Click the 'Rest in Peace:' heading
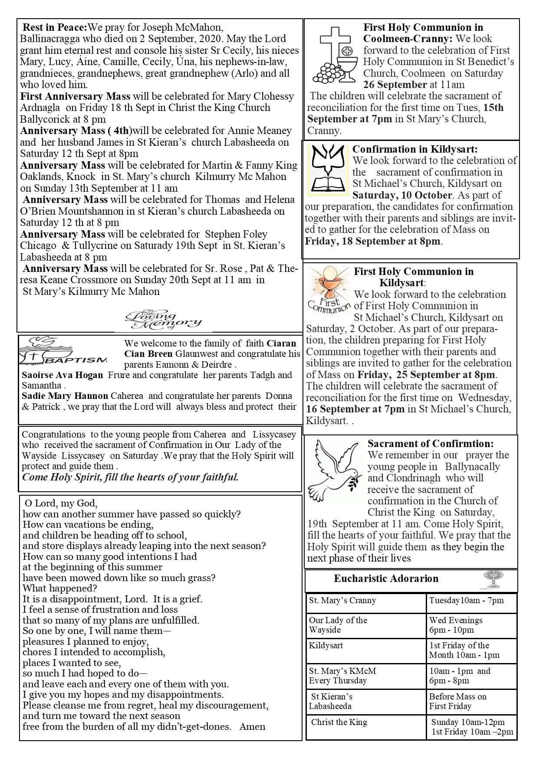click(55, 27)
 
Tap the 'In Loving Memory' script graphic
click(163, 320)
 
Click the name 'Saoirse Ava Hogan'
click(62, 375)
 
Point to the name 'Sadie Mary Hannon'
click(65, 395)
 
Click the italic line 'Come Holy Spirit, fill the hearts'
click(130, 477)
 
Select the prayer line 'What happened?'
click(60, 588)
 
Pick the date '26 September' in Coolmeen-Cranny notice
click(395, 85)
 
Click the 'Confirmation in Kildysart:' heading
click(415, 149)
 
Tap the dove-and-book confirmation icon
click(329, 169)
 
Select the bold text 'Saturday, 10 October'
click(402, 195)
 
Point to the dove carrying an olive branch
click(335, 470)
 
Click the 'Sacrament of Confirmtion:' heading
click(431, 444)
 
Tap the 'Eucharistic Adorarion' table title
click(386, 578)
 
